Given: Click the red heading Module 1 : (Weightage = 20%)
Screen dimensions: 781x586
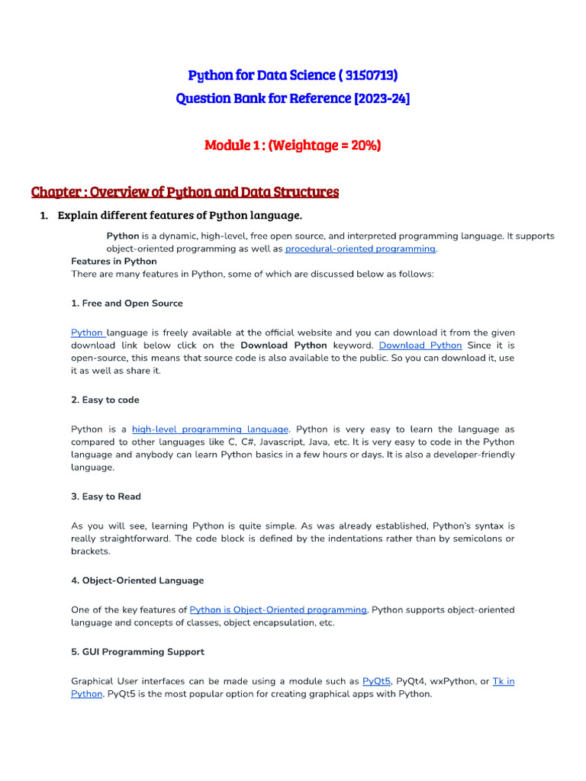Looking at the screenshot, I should (292, 145).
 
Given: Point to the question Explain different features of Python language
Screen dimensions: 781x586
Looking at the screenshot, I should (179, 215).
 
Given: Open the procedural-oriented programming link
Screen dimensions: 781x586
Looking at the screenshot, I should (360, 249).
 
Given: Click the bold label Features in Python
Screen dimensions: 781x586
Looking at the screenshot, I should (114, 261).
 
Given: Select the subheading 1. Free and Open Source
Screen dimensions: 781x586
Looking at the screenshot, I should (127, 303).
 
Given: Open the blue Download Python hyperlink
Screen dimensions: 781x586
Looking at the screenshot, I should (420, 346).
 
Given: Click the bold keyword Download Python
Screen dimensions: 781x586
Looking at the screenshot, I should (284, 346).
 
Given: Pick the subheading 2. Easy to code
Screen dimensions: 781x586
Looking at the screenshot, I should (105, 400).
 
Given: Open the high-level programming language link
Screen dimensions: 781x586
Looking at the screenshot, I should (210, 429).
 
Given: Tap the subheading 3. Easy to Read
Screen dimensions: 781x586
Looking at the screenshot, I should (106, 497).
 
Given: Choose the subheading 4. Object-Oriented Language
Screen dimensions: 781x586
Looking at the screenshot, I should (137, 580).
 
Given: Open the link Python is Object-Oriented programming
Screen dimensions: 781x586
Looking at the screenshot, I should (278, 610).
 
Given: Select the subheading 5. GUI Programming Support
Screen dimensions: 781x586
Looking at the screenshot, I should (137, 652).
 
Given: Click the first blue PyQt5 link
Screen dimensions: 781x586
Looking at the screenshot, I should (376, 681).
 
